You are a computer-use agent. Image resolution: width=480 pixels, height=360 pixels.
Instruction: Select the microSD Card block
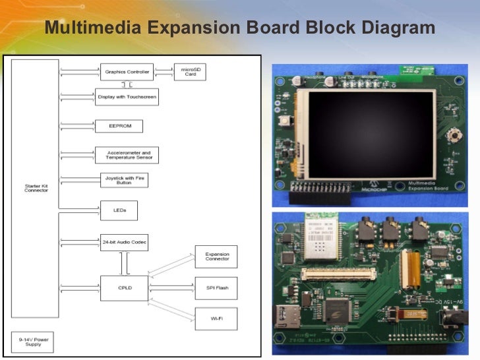190,71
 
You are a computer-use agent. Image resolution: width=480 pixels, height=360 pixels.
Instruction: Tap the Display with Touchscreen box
127,97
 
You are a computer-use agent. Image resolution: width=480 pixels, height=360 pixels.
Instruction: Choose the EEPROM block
119,126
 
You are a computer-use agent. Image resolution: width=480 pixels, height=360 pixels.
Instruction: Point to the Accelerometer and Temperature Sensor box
127,155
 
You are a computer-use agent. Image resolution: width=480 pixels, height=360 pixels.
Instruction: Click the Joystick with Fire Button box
120,180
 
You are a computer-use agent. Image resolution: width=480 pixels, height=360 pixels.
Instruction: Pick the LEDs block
119,210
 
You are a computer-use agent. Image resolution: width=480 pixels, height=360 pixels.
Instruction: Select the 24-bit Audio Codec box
124,242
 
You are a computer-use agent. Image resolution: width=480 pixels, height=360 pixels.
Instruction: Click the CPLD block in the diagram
124,288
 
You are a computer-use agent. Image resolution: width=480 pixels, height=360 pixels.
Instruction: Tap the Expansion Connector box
216,256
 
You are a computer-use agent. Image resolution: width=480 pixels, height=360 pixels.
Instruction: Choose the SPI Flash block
216,288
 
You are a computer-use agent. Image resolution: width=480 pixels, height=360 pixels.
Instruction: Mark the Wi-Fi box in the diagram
216,318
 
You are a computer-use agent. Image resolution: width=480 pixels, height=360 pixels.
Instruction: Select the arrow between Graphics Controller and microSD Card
164,71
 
